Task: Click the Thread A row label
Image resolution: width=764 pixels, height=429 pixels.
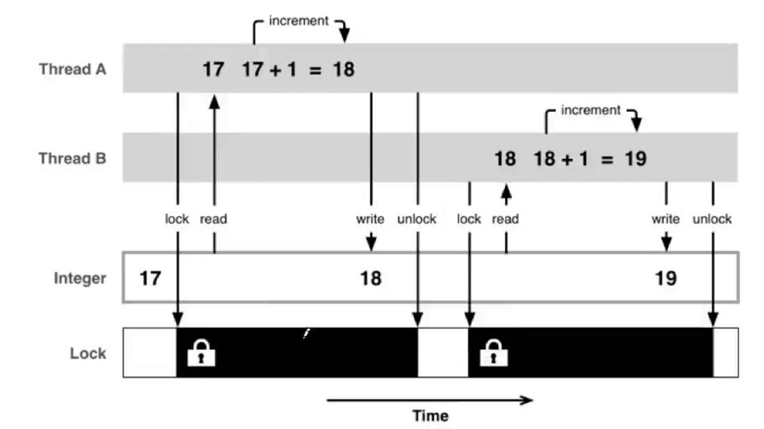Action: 73,70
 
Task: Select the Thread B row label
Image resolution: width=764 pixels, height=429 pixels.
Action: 73,159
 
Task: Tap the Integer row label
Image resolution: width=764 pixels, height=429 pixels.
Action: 80,278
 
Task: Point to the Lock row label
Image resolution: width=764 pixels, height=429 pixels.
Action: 88,353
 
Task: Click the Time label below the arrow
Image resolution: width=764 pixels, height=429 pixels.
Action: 430,416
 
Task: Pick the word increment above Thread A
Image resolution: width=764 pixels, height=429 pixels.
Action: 299,21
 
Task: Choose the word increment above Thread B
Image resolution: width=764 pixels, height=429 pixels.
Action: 590,110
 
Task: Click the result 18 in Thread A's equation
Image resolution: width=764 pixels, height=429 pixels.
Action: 344,70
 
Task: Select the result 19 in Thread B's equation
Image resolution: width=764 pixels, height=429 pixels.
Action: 636,159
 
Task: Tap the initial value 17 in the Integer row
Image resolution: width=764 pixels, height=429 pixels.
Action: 150,278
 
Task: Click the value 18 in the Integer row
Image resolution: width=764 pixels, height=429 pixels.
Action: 371,278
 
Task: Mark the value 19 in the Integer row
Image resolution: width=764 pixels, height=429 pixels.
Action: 665,278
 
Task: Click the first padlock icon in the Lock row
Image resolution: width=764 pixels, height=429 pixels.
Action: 201,353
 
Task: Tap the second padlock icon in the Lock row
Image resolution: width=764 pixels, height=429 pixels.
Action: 494,353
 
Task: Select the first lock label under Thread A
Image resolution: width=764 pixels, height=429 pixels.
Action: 177,219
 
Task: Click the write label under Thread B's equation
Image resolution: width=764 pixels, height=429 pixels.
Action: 665,219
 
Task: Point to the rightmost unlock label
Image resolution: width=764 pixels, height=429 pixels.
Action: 713,219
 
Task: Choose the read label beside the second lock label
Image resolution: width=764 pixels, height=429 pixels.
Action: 505,219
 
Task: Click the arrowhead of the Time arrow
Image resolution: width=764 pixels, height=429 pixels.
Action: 526,400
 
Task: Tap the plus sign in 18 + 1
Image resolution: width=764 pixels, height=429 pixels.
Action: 567,159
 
